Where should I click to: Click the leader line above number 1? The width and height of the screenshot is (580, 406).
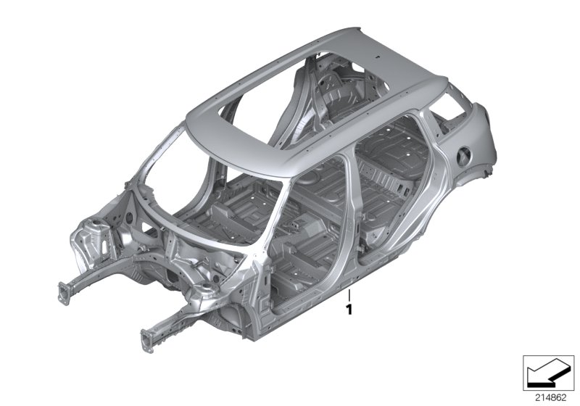(x=349, y=296)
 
